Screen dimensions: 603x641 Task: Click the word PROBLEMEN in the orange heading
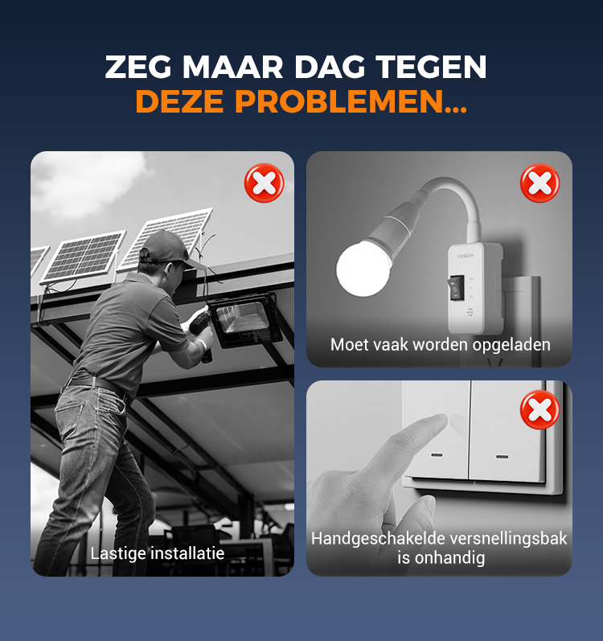pos(351,102)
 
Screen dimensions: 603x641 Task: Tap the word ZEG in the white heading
pos(137,67)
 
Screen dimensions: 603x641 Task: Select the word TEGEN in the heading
pos(431,67)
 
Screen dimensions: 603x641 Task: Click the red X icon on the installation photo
pos(264,183)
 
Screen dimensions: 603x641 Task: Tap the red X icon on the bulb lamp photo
pos(539,183)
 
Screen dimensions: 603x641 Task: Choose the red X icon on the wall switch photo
pos(539,409)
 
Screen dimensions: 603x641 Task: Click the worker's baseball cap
pos(168,249)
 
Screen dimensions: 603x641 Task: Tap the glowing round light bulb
pos(363,268)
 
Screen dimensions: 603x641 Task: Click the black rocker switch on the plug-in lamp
pos(457,287)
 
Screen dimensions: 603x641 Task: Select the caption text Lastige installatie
pos(158,553)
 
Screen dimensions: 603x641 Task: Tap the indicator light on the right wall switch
pos(502,457)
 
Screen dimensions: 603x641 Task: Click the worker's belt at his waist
pos(96,384)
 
